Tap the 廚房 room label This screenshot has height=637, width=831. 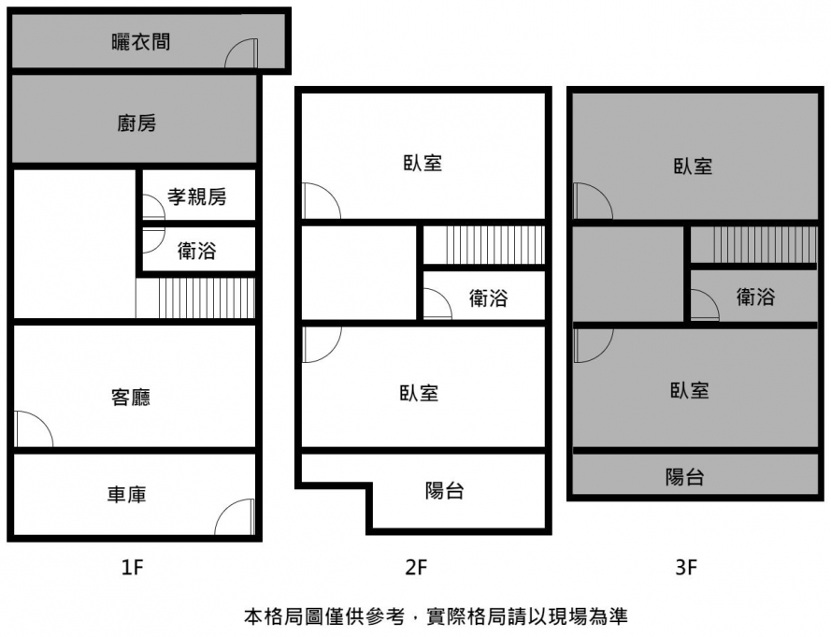(x=136, y=123)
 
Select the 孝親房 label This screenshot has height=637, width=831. (x=197, y=196)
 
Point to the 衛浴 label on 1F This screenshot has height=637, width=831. (x=197, y=250)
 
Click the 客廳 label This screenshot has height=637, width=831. (x=130, y=398)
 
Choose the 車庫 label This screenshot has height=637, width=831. (x=126, y=494)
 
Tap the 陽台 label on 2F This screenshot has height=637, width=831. (x=444, y=489)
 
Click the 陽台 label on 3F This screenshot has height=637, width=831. (x=685, y=477)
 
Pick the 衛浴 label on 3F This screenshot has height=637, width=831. (x=755, y=297)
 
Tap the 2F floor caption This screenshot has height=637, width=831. (x=416, y=567)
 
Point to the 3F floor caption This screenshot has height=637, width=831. (x=687, y=567)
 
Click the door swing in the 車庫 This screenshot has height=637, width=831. (x=236, y=518)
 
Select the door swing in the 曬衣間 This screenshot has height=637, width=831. (x=241, y=54)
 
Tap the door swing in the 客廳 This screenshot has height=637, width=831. (x=33, y=429)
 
